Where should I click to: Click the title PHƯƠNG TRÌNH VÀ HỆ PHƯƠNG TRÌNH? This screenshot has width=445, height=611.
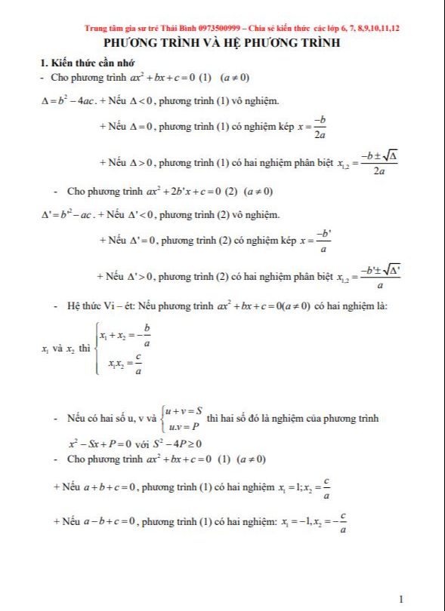(x=221, y=43)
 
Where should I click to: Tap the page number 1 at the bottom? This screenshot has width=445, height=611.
(x=400, y=599)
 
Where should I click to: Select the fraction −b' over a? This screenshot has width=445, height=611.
(x=323, y=240)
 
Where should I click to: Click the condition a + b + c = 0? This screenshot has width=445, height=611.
(x=104, y=487)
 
